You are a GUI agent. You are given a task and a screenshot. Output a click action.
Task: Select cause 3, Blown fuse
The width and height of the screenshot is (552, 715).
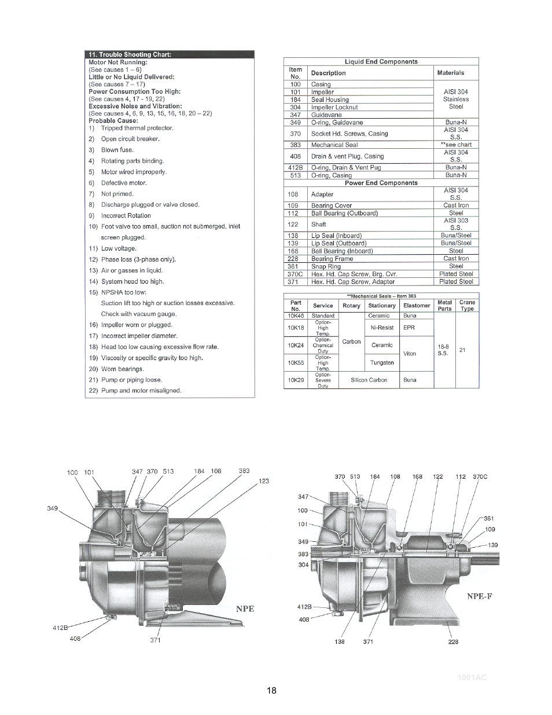click(117, 150)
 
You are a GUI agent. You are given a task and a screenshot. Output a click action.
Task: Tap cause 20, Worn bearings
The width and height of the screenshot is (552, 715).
click(122, 369)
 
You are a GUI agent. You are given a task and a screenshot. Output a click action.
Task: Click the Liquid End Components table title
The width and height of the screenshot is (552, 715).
click(381, 61)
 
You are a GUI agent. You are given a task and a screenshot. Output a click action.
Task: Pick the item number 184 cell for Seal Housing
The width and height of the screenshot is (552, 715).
click(295, 100)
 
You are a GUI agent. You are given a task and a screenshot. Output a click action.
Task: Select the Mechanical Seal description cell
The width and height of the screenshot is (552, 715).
click(334, 145)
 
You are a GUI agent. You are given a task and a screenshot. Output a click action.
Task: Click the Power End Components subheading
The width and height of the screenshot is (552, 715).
click(381, 183)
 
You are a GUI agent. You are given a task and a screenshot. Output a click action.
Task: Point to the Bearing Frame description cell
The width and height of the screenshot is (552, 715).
click(332, 259)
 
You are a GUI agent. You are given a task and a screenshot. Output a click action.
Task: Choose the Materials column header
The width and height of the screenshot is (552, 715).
click(451, 73)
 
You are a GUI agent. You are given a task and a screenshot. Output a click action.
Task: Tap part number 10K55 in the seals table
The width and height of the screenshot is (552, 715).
click(296, 362)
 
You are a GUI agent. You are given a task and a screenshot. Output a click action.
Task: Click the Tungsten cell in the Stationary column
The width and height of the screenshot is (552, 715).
click(382, 363)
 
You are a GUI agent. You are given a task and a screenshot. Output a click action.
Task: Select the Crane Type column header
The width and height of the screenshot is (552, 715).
click(467, 305)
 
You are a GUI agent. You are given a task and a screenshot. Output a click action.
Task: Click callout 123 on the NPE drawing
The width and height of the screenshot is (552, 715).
click(264, 481)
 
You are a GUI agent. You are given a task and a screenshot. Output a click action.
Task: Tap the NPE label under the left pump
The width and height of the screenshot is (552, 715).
click(245, 608)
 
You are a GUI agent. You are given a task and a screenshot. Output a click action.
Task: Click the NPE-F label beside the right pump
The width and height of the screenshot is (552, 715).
click(480, 596)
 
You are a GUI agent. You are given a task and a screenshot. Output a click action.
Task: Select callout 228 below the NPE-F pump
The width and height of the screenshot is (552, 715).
click(453, 641)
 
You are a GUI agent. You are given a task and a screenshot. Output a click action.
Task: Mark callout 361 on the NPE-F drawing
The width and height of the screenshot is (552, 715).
click(489, 519)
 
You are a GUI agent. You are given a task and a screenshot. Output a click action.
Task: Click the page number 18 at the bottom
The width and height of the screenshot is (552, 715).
click(272, 691)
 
